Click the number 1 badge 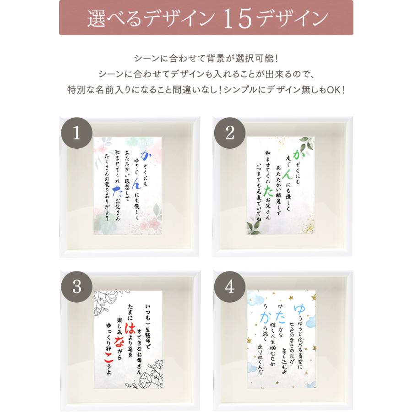tap(76, 133)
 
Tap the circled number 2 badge tap(230, 133)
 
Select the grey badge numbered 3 tap(76, 287)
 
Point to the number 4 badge tap(230, 287)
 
